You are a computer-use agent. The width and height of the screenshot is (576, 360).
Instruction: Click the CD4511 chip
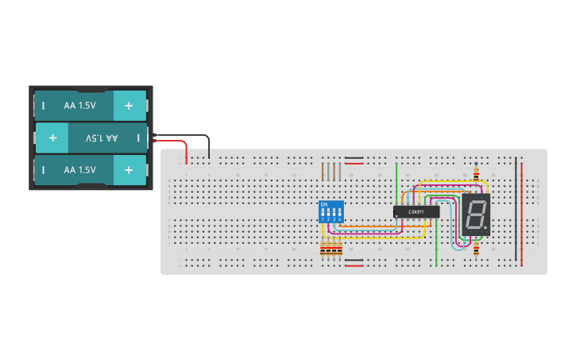coord(416,211)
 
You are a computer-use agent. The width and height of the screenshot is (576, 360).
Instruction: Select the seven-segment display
coord(476,215)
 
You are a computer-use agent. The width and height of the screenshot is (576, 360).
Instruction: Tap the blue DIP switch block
coord(331,212)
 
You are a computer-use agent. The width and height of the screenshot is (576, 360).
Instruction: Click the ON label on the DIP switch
coord(323,204)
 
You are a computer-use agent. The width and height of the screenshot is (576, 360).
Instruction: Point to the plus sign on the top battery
coord(129,105)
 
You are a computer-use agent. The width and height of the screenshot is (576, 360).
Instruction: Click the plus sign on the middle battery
coord(52,137)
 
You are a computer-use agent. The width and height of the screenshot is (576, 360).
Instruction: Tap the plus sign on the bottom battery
coord(129,170)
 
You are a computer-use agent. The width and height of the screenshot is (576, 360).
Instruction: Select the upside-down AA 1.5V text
coord(101,137)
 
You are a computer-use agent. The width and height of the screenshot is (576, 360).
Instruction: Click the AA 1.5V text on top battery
coord(79,105)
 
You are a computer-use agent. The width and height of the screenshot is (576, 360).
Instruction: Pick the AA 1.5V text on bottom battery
coord(79,170)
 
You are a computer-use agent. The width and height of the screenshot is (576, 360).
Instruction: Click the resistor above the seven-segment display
coord(476,176)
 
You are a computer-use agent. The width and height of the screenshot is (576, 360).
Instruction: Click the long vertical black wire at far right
coord(516,207)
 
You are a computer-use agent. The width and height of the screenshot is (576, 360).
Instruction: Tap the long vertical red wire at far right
coord(522,215)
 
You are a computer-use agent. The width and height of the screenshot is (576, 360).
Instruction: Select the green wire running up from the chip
coord(396,183)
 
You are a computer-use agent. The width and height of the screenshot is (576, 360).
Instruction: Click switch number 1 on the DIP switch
coord(323,213)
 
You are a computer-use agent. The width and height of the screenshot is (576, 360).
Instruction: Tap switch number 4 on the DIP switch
coord(339,213)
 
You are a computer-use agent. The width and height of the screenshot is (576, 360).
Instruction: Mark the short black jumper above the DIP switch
coord(354,158)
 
